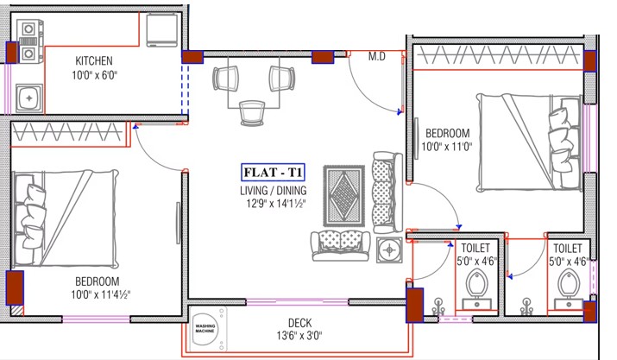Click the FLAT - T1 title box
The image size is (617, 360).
[x=273, y=172]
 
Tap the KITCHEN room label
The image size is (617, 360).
[x=94, y=60]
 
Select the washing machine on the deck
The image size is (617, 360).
[x=207, y=329]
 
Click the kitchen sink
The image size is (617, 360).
[x=28, y=98]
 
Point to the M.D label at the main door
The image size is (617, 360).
[x=376, y=57]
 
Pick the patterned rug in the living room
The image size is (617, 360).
[x=344, y=196]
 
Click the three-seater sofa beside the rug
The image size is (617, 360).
[x=387, y=193]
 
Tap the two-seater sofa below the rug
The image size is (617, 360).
[x=341, y=246]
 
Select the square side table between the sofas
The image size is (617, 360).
[x=389, y=249]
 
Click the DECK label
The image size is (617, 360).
[x=299, y=323]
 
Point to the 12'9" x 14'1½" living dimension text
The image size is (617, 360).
[x=274, y=204]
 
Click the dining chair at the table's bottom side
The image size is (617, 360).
[x=252, y=113]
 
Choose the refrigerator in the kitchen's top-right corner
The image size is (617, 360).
[x=161, y=30]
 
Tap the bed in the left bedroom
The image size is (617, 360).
[x=66, y=219]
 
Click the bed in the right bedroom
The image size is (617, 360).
[x=529, y=142]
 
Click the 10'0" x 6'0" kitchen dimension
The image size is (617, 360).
[x=94, y=74]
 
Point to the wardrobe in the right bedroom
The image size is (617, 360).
[x=498, y=55]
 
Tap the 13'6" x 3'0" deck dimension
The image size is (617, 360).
[x=299, y=336]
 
